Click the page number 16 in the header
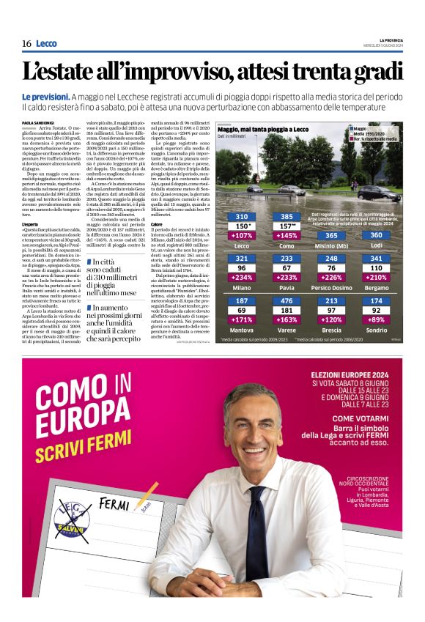(26, 44)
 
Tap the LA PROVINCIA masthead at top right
(389, 40)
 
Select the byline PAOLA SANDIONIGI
(37, 122)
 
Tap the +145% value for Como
(287, 235)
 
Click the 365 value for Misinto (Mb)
(332, 235)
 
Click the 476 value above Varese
(287, 301)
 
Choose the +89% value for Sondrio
(377, 320)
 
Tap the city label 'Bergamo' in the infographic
(377, 288)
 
